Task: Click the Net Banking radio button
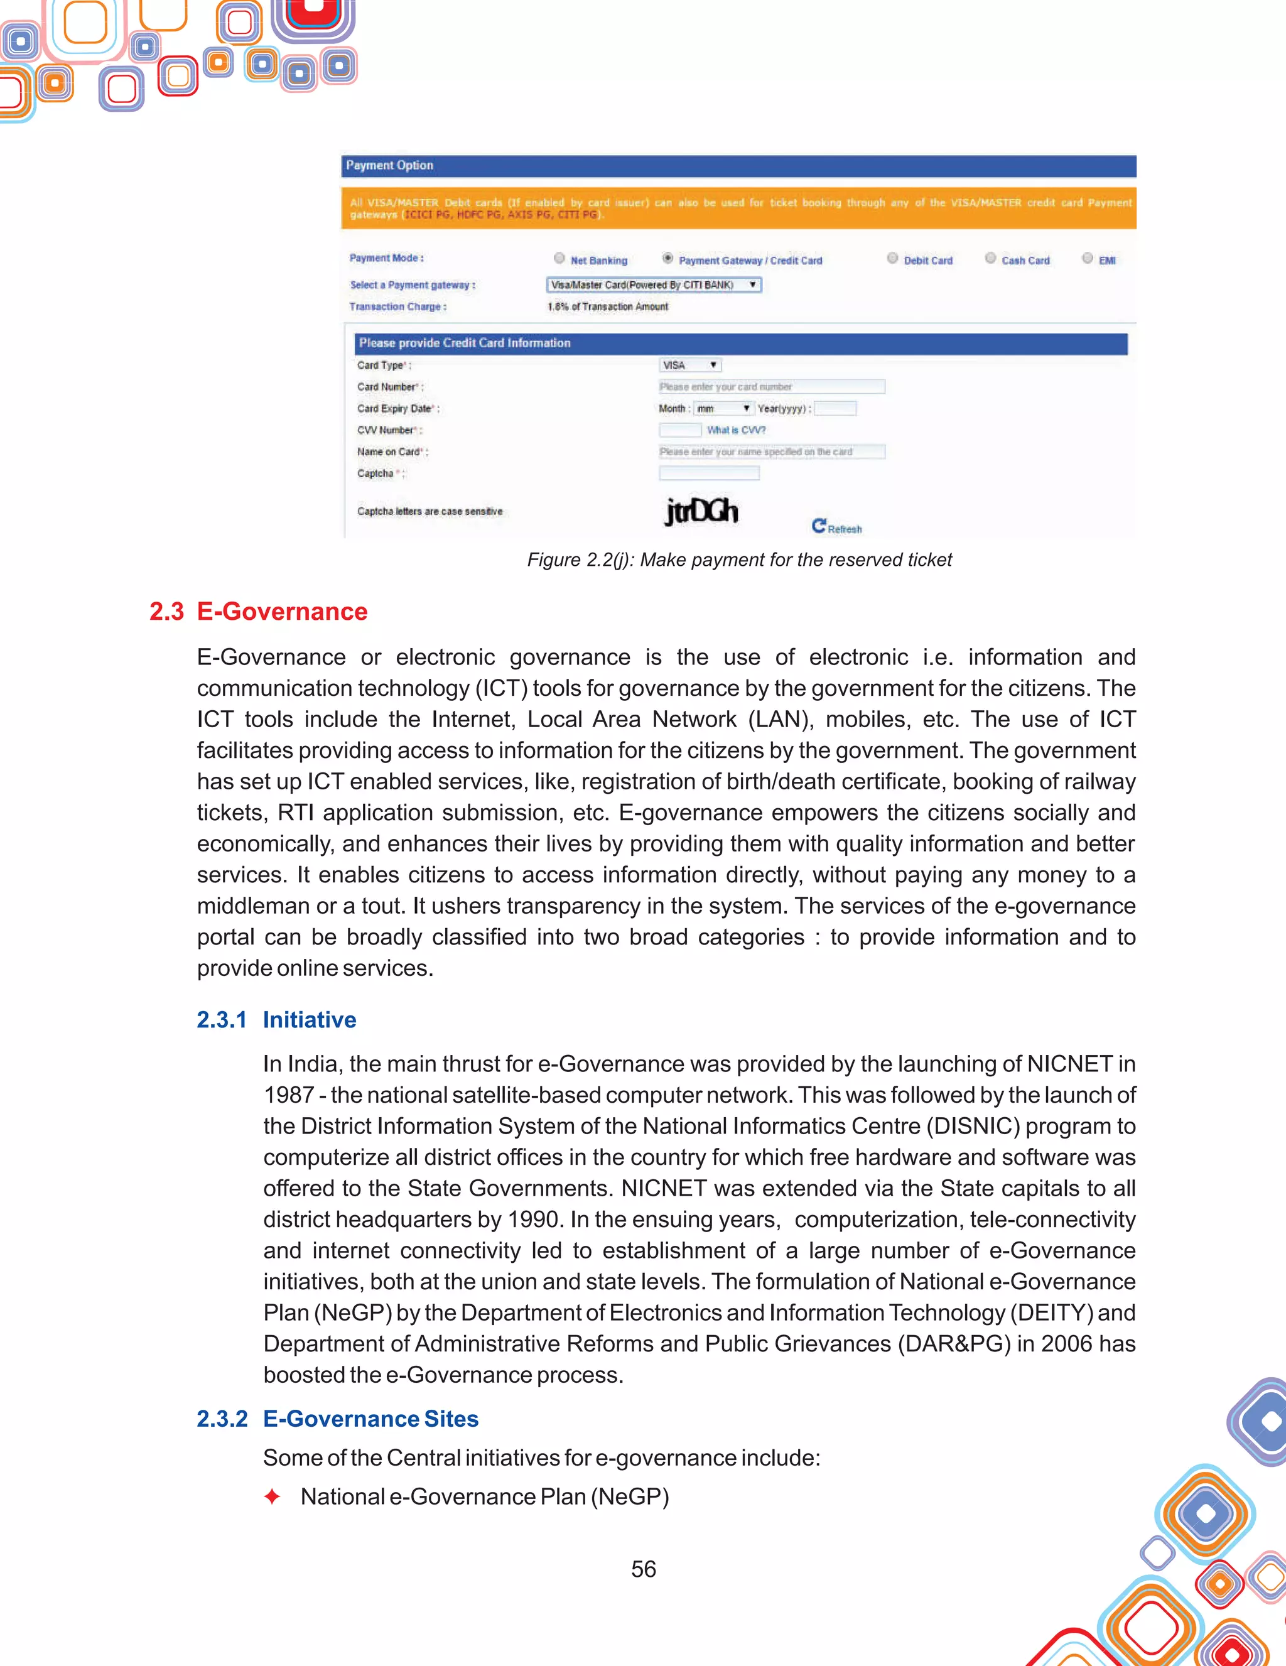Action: point(559,259)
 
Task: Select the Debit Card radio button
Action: point(892,259)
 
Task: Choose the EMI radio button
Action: point(1087,259)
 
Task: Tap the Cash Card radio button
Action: point(990,259)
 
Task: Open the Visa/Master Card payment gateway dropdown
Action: point(654,285)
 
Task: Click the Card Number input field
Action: point(771,387)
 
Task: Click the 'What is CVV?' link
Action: point(735,430)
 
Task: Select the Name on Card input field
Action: point(771,452)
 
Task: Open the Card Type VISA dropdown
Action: point(689,365)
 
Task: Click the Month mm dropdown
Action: point(723,409)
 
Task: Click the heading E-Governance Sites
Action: point(370,1418)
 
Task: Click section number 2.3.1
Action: point(221,1020)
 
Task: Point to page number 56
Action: point(643,1569)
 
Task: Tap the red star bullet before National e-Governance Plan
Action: point(271,1496)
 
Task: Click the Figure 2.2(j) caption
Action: point(739,560)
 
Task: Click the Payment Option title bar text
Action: point(389,166)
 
